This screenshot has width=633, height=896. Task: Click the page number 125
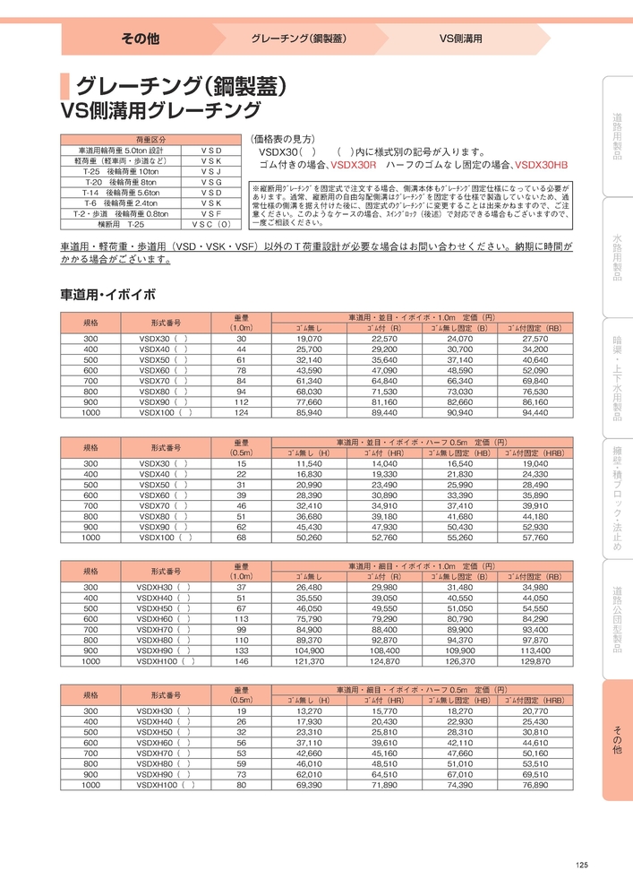(x=582, y=865)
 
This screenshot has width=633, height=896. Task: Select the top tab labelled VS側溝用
(x=460, y=40)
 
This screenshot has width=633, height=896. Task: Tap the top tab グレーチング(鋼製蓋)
(x=299, y=40)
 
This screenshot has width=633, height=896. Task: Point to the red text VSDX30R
(x=354, y=166)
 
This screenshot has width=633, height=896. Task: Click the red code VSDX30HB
(x=542, y=166)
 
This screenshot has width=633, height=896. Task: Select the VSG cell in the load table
(x=211, y=182)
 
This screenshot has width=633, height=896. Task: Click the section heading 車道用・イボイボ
(x=107, y=294)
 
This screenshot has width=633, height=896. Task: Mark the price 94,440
(x=535, y=414)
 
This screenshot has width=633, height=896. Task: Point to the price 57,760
(x=535, y=538)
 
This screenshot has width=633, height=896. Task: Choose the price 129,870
(x=535, y=661)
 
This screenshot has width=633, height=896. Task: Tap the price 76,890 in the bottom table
(x=535, y=785)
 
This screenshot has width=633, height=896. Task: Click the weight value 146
(x=241, y=661)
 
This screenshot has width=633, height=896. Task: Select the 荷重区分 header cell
(x=150, y=140)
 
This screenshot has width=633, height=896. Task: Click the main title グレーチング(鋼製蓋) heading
(x=181, y=86)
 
